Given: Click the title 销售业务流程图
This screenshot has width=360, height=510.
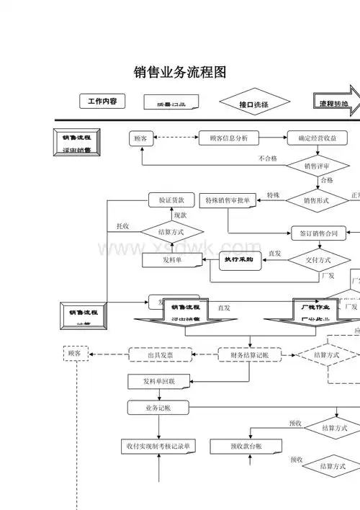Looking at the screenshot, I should coord(181,73).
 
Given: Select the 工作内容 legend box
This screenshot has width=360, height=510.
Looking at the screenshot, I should coord(102,102).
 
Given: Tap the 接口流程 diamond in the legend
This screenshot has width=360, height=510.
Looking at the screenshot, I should coord(253,104).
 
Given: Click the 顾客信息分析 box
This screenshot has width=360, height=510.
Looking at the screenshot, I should coord(228,138).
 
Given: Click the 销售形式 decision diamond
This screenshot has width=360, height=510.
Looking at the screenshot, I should coord(316,200).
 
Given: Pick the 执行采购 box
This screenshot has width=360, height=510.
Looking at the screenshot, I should coord(238,259).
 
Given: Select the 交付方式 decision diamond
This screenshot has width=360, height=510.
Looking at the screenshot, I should coord(318,259).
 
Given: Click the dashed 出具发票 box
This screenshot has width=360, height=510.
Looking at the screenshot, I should coord(160,354).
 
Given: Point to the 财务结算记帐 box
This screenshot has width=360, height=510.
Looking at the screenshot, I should coord(249,354).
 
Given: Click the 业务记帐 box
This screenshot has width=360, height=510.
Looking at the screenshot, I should coord(158,408).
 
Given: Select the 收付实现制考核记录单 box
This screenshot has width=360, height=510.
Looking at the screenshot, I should coord(158,447).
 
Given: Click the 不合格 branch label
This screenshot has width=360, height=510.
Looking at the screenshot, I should coord(268,158).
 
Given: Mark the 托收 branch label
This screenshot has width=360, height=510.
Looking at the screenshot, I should coord(122,226).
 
